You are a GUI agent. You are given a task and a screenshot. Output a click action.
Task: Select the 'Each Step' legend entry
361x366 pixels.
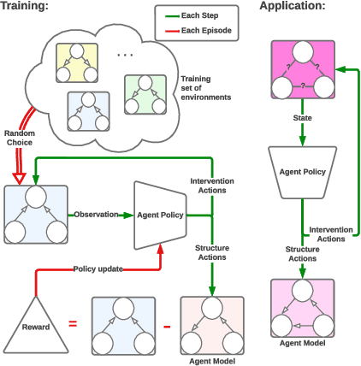pos(201,16)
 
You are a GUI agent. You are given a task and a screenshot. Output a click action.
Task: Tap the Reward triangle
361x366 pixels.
pos(35,324)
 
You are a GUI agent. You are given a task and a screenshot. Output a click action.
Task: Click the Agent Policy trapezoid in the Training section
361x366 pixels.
pos(160,215)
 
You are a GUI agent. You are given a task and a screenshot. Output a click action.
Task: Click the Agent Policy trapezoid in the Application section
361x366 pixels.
pos(301,172)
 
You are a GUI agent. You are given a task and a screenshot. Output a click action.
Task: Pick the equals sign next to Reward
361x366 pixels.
pos(74,324)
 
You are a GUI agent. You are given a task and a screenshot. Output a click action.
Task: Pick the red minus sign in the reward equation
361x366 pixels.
pos(167,326)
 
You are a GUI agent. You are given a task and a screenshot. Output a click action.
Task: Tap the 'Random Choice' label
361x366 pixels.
pos(20,139)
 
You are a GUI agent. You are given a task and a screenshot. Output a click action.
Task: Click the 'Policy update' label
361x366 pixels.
pos(97,268)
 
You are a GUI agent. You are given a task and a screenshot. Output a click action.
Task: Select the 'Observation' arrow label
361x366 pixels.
pos(96,214)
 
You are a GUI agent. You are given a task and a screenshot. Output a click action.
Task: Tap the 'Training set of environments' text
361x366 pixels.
pos(205,88)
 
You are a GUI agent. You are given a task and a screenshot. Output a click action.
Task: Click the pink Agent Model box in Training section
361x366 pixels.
pos(212,326)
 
